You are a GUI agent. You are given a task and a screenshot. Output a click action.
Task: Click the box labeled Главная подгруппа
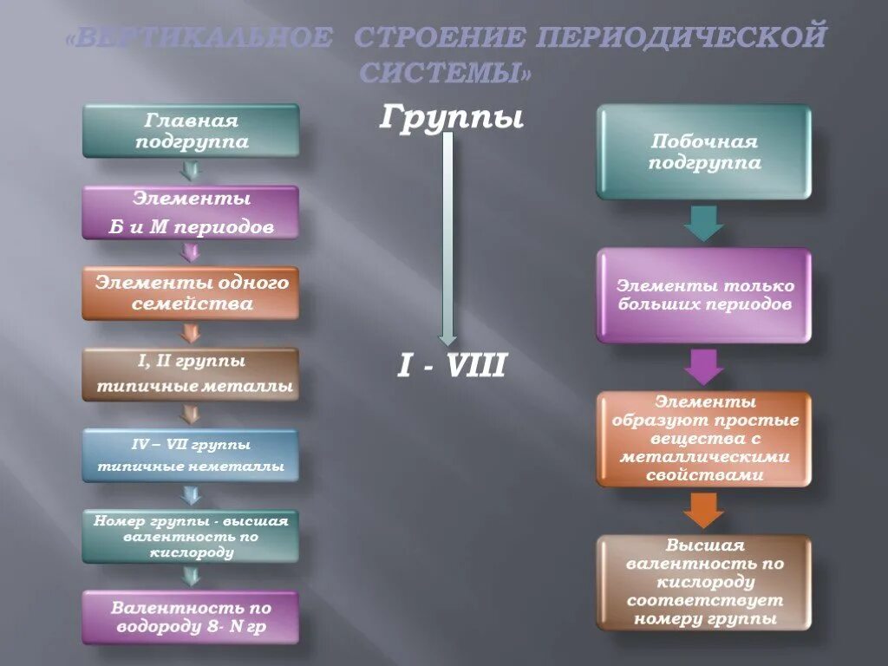[191, 131]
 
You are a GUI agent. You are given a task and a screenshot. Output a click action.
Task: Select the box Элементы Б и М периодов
[191, 212]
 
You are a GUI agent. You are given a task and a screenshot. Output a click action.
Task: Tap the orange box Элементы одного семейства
[191, 293]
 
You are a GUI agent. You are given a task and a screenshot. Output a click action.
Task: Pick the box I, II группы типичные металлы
[191, 375]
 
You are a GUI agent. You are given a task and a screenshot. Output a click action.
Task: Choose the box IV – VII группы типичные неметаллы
[191, 455]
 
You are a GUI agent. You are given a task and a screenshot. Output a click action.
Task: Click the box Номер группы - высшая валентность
[191, 536]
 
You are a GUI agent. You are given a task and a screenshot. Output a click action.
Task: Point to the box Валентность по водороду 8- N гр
[191, 617]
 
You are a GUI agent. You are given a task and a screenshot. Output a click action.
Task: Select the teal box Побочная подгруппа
[703, 153]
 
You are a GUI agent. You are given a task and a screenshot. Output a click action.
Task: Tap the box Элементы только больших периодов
[703, 296]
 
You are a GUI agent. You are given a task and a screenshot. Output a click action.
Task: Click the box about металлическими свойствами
[703, 439]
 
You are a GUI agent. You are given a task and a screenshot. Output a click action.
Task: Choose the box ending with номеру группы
[703, 582]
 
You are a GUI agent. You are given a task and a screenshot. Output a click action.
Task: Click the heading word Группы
[451, 118]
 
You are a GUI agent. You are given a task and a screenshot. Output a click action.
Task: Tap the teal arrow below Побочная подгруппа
[703, 224]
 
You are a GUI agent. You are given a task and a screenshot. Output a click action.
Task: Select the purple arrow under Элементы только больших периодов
[703, 367]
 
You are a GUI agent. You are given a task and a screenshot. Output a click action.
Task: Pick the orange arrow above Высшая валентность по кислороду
[703, 510]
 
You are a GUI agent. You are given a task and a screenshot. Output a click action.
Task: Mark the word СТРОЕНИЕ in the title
[440, 38]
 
